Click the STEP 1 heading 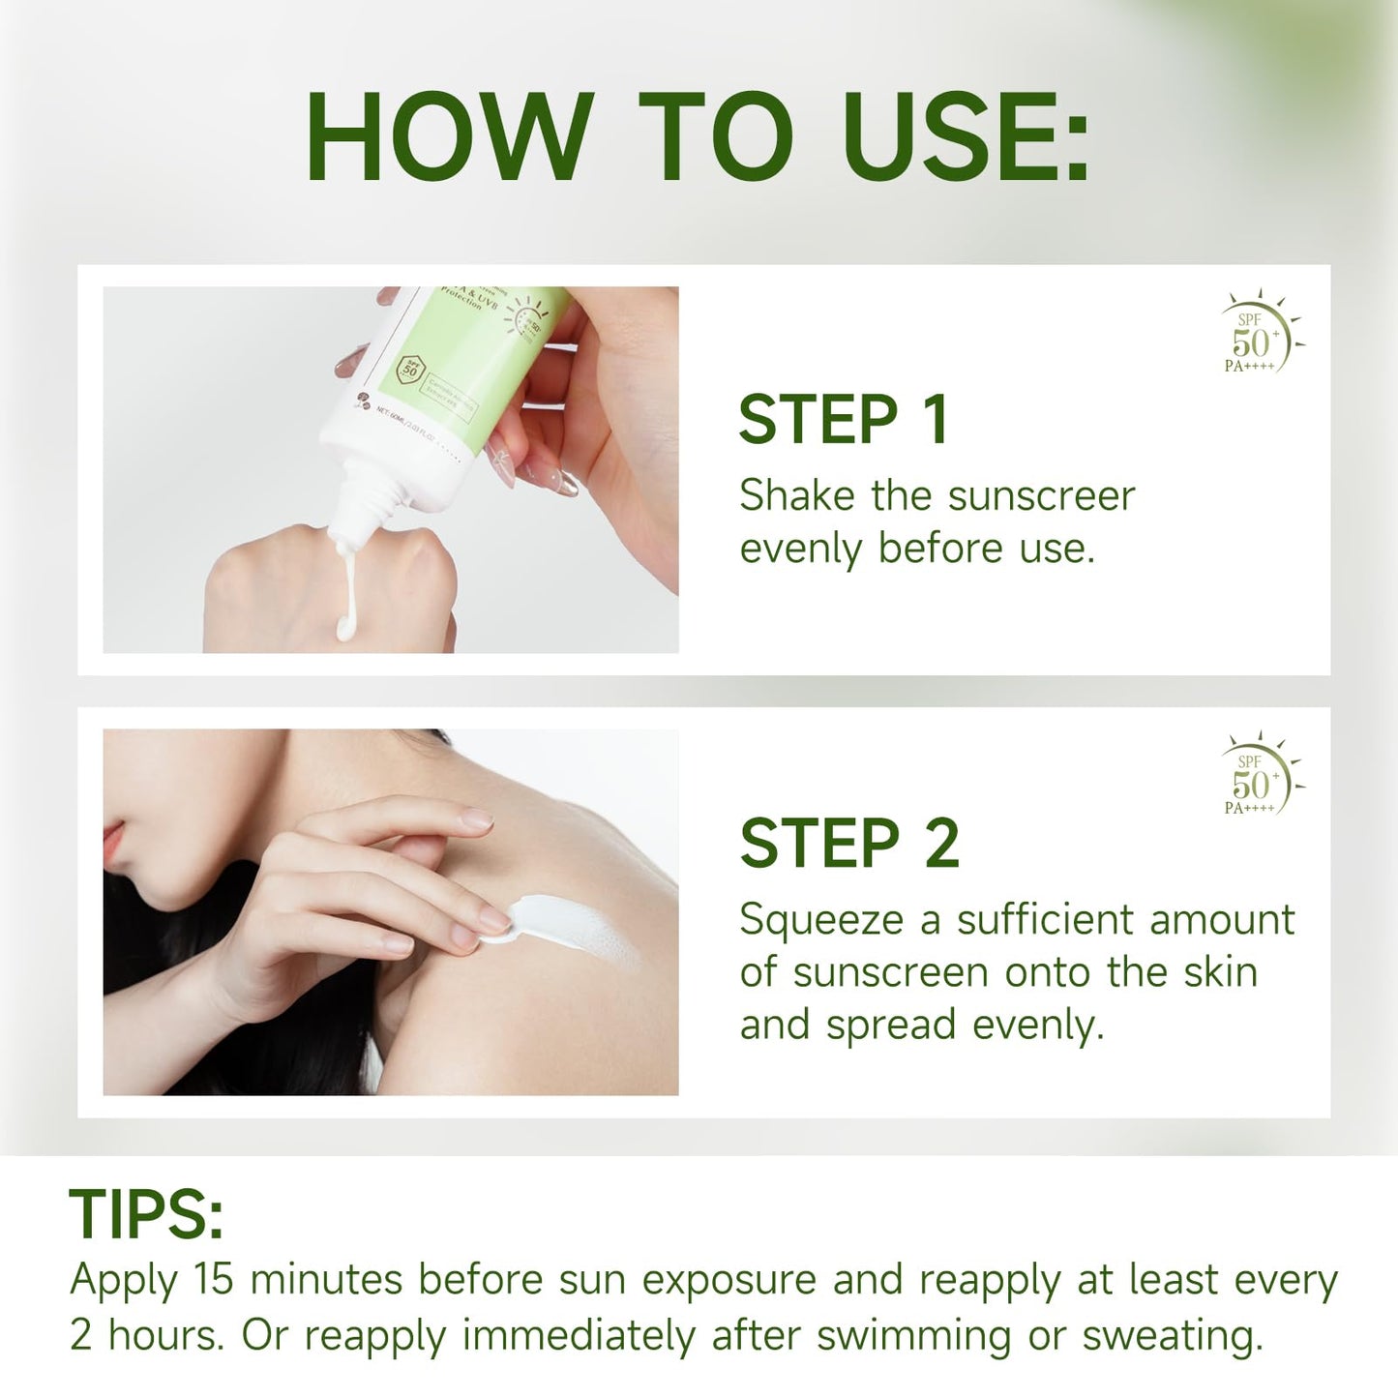843,420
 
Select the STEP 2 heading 848,844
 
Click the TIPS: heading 146,1214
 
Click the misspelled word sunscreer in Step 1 1040,496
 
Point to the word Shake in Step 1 797,496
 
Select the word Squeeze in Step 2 821,921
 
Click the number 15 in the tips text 213,1279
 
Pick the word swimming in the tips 913,1336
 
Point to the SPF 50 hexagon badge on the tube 411,369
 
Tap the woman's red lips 114,844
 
